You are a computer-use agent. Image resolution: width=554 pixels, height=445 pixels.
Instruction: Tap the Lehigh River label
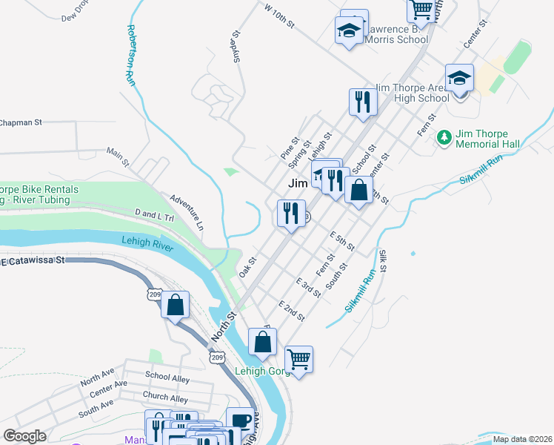(x=147, y=243)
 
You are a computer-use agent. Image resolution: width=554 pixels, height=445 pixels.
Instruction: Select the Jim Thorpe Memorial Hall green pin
(x=444, y=137)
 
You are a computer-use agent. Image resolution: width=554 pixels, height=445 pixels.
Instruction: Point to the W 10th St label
(x=279, y=16)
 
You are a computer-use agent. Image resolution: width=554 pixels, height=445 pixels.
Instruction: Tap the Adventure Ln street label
(x=186, y=211)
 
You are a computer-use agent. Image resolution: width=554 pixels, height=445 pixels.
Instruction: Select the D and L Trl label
(x=153, y=215)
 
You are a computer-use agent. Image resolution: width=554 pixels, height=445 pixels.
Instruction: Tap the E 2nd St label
(x=291, y=311)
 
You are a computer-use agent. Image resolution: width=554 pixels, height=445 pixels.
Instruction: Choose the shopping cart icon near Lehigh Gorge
(x=298, y=360)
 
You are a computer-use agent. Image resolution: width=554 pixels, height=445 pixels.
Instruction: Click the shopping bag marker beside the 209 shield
(x=176, y=305)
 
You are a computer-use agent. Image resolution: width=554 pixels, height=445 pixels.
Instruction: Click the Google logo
(x=24, y=436)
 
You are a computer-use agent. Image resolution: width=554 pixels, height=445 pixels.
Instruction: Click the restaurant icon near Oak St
(x=291, y=214)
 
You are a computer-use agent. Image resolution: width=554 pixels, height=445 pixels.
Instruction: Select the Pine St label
(x=288, y=148)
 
